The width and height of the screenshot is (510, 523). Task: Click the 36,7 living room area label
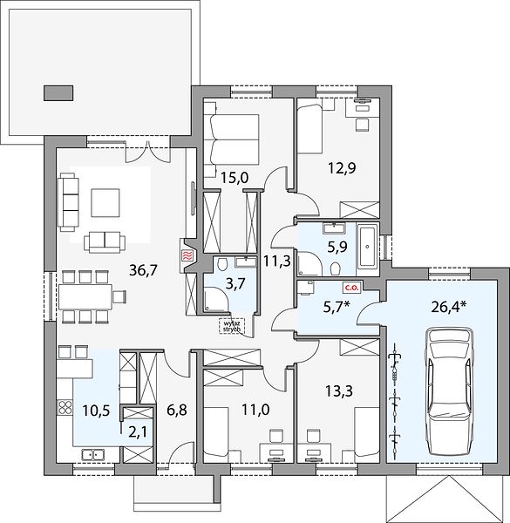(x=143, y=270)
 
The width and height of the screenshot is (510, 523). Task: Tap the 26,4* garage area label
(x=449, y=307)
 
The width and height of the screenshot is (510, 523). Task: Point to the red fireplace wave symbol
(x=187, y=256)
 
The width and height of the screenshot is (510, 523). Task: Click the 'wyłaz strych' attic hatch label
(x=232, y=326)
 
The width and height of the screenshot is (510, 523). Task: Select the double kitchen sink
(x=92, y=454)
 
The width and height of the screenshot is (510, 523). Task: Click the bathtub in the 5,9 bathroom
(x=367, y=247)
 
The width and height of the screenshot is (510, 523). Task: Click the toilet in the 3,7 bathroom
(x=222, y=263)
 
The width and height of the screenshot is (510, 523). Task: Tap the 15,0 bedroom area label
(x=235, y=179)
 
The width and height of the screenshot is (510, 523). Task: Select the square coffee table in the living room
(x=105, y=203)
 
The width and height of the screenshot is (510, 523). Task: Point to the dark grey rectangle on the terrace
(x=58, y=93)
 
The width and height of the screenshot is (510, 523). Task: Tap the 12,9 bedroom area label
(x=342, y=167)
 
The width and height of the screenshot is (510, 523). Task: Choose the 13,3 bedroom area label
(x=339, y=391)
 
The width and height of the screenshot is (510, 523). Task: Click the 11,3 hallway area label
(x=277, y=261)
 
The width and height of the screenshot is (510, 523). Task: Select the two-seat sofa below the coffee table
(x=105, y=241)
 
